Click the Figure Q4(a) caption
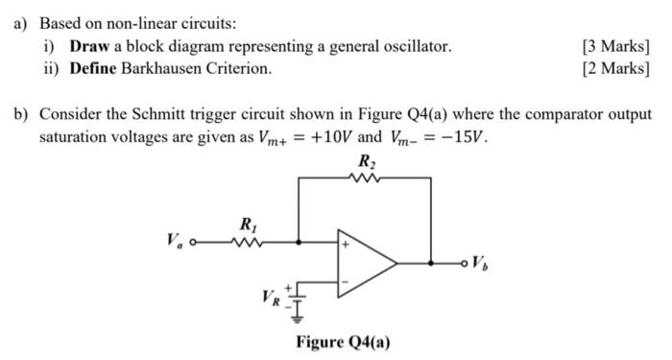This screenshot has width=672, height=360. (x=343, y=342)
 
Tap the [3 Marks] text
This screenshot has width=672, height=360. (x=615, y=46)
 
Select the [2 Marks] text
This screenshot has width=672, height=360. (x=615, y=68)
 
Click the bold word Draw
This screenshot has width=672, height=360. (x=91, y=46)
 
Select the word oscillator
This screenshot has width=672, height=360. (x=416, y=46)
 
